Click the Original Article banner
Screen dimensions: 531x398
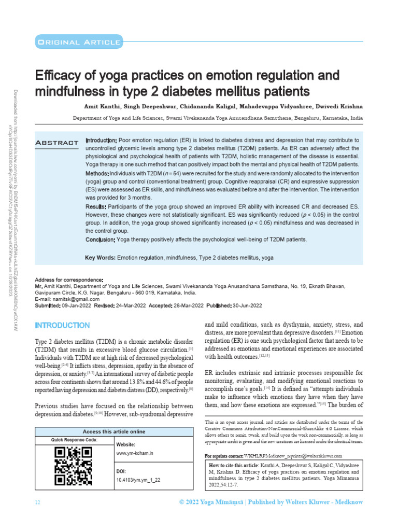tap(78, 41)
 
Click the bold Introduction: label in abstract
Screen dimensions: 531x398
tap(101, 141)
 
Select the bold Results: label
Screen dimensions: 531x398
tap(96, 207)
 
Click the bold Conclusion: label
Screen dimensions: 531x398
tap(100, 239)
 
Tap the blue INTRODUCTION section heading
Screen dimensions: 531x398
tap(62, 325)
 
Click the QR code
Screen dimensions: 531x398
tap(74, 466)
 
